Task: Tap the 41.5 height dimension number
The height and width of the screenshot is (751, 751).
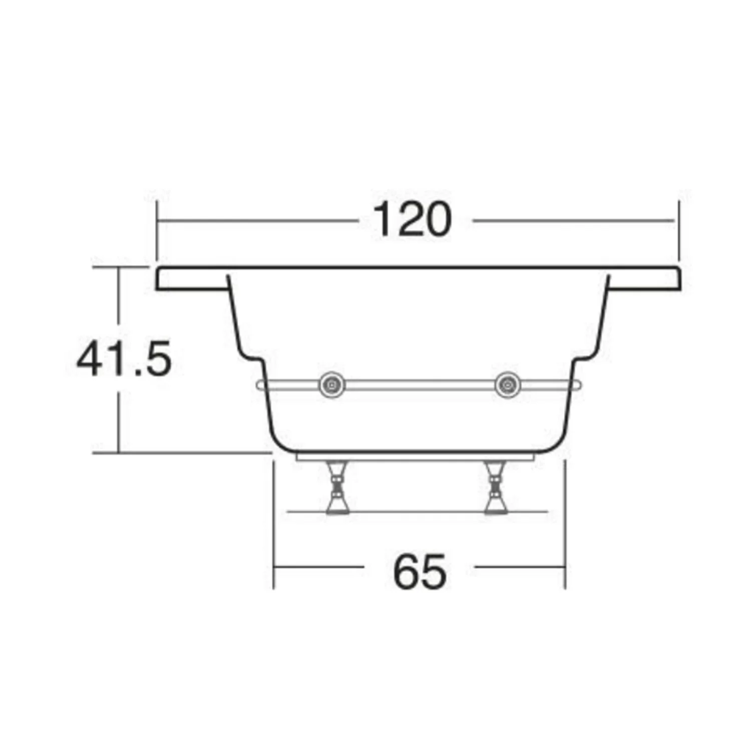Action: pyautogui.click(x=124, y=358)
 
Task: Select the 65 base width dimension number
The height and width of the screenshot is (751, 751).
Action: pyautogui.click(x=420, y=571)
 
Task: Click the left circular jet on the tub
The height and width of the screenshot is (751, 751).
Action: pyautogui.click(x=332, y=385)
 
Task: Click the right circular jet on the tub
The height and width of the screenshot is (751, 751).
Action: pyautogui.click(x=507, y=385)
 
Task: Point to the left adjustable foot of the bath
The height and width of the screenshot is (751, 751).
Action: pyautogui.click(x=336, y=488)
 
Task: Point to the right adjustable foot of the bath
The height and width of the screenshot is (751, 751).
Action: pyautogui.click(x=496, y=488)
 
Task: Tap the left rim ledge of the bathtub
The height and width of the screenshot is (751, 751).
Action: pyautogui.click(x=193, y=278)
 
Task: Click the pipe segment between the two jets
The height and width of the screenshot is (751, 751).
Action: pyautogui.click(x=420, y=385)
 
